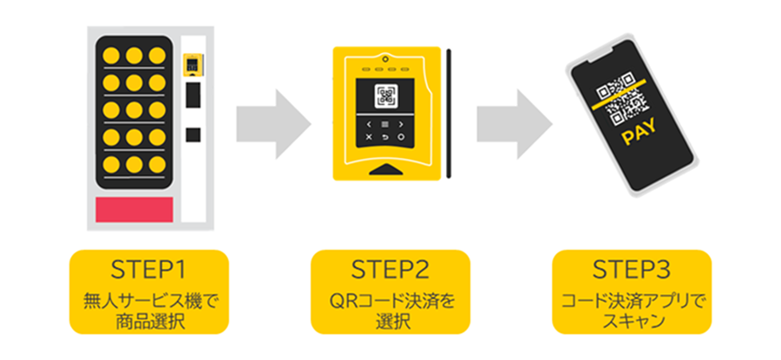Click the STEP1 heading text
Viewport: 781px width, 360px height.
tap(148, 267)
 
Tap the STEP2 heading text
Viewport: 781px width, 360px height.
tap(390, 267)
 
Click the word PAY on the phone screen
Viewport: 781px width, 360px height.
tap(639, 136)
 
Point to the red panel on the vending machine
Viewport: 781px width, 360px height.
tap(134, 208)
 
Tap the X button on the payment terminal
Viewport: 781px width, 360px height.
tap(368, 137)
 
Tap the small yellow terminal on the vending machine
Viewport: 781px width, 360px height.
tap(192, 65)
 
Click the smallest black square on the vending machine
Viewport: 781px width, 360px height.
tap(192, 135)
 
